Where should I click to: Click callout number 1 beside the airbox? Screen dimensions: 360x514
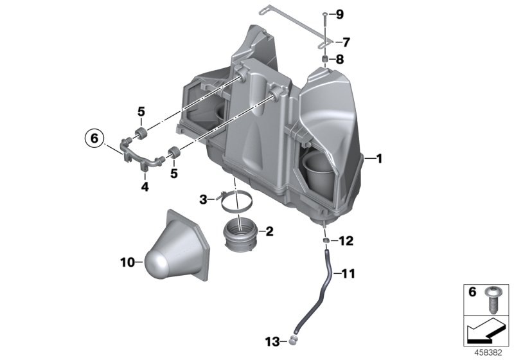380,157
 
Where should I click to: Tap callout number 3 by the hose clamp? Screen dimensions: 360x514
202,200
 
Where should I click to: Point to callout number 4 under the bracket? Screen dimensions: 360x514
145,187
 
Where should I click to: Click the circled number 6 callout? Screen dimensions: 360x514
93,138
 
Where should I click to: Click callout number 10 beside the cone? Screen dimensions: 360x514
127,262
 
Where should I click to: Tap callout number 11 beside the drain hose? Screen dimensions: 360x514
347,274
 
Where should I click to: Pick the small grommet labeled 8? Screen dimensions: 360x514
326,60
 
